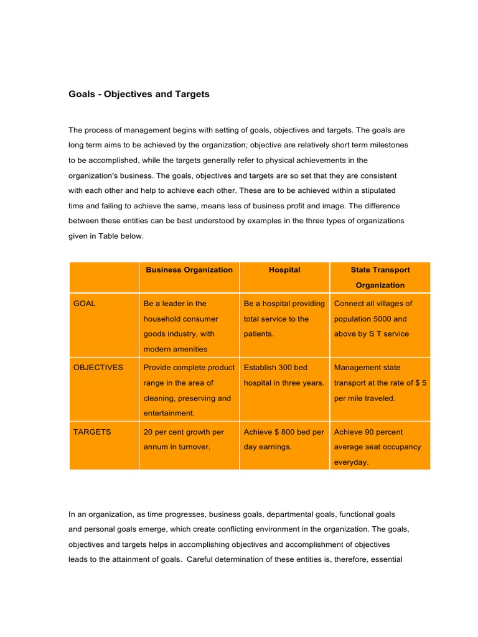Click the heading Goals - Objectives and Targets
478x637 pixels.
click(139, 95)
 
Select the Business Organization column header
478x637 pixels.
click(189, 270)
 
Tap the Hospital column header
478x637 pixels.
click(284, 270)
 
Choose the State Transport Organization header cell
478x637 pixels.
click(380, 277)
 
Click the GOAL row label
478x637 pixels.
click(85, 304)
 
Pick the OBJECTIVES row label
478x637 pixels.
click(98, 367)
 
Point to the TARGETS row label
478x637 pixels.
click(92, 432)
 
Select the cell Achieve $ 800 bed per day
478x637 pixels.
click(284, 439)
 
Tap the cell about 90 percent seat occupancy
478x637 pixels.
click(378, 447)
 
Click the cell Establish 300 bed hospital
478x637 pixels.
click(284, 375)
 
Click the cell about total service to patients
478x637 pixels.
click(284, 318)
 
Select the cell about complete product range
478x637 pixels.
click(189, 390)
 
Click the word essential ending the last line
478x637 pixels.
click(387, 559)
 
